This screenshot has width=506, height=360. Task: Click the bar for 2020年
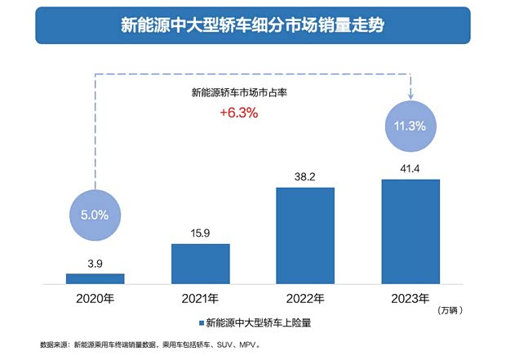[x=95, y=278]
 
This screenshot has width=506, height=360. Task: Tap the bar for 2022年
[x=305, y=235]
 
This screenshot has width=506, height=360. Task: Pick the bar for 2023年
[x=411, y=231]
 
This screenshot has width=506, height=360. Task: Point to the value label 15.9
[x=200, y=233]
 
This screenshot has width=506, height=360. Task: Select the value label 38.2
[x=305, y=176]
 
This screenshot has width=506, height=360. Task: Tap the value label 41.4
[x=411, y=168]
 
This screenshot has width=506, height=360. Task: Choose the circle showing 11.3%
[x=411, y=126]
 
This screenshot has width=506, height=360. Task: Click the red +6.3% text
[x=238, y=113]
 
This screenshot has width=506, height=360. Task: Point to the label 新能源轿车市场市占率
[x=238, y=93]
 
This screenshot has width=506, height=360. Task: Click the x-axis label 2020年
[x=95, y=299]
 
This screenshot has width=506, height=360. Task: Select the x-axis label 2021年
[x=200, y=299]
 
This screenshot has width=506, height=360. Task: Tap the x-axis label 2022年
[x=305, y=299]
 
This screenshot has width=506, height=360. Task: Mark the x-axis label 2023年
[x=411, y=299]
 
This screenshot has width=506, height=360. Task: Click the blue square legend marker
[x=199, y=324]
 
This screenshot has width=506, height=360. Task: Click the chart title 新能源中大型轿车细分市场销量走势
[x=252, y=25]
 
